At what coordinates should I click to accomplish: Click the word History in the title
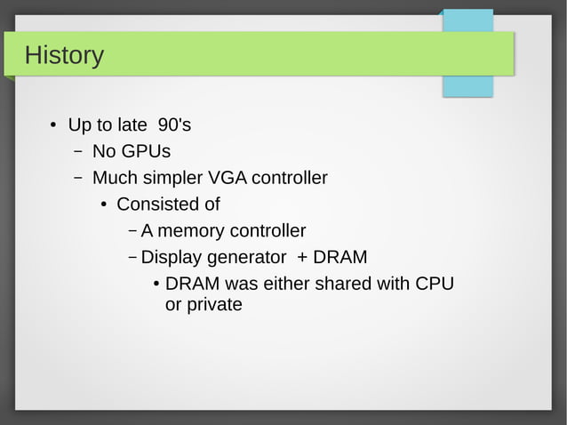(64, 55)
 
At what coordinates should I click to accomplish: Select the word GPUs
(147, 151)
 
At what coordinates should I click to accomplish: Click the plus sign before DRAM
(303, 258)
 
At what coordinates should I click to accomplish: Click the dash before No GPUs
(78, 151)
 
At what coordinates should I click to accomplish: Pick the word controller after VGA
(290, 178)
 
